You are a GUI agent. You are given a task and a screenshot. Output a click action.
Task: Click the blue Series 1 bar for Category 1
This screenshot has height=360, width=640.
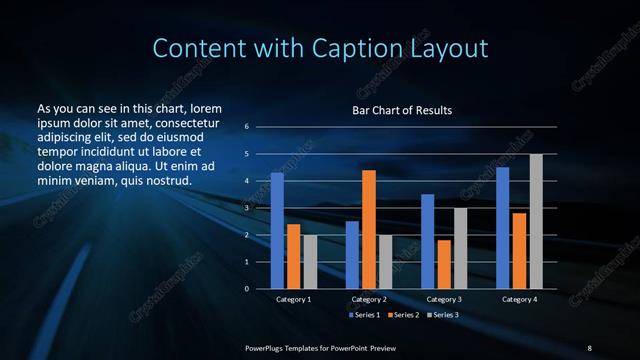tap(277, 231)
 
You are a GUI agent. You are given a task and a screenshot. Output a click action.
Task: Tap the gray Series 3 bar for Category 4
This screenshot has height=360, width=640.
tap(536, 221)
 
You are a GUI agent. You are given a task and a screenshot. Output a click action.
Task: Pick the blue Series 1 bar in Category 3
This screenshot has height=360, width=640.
tap(428, 241)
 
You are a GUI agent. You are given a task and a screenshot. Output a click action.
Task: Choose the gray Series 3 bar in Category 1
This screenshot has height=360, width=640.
tap(310, 261)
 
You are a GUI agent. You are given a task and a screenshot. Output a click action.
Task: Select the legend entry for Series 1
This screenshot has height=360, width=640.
tap(362, 315)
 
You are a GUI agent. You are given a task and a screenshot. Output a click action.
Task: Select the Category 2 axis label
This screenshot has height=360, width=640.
tap(369, 299)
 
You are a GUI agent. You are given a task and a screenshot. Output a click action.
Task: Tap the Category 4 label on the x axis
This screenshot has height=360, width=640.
tap(519, 299)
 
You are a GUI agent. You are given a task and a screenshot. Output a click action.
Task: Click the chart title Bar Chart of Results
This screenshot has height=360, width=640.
tap(401, 109)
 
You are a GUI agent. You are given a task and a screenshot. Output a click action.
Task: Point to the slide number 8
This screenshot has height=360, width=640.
tap(589, 347)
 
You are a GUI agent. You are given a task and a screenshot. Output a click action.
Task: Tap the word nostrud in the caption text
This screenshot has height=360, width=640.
tap(166, 180)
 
